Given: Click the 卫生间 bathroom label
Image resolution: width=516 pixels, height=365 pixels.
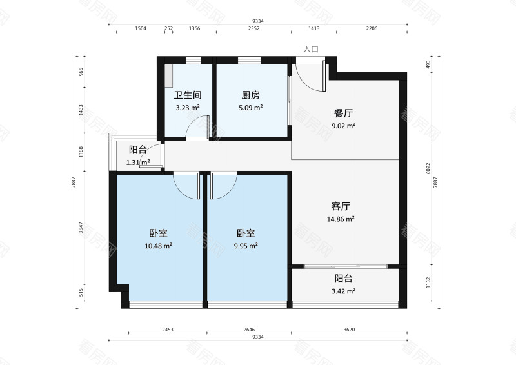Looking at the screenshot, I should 188,94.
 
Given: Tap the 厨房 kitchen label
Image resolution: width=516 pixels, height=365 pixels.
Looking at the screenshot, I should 250,94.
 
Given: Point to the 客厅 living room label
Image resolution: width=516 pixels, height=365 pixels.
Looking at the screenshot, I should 341,206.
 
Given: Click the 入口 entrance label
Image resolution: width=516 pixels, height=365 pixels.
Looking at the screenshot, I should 312,49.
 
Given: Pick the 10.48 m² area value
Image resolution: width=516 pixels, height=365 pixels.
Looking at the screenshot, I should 158,246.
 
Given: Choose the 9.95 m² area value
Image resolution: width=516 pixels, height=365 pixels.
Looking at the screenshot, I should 245,246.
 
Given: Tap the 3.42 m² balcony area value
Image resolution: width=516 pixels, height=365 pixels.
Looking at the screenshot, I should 344,291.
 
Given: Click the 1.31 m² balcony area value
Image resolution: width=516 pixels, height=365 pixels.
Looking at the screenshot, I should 138,163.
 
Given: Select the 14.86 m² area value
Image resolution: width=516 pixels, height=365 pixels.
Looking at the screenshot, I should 341,219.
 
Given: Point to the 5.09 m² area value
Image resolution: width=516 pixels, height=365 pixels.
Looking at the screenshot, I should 250,108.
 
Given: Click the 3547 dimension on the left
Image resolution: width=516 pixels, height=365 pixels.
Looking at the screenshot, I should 81,228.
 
